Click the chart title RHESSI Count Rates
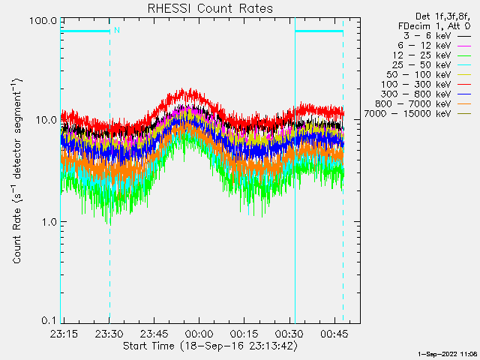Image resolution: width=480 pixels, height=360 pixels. [209, 9]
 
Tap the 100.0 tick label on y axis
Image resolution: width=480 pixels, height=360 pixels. [44, 20]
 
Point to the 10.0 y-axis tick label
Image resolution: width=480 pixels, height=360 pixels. [46, 120]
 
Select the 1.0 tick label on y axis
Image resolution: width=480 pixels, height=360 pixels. [49, 221]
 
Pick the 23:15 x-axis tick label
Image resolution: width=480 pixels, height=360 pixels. [64, 332]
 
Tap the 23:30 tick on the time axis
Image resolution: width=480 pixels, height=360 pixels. [109, 332]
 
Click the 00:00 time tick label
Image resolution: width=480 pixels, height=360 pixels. [199, 332]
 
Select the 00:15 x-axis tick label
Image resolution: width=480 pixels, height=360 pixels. [244, 332]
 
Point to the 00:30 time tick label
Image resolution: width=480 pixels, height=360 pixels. [289, 332]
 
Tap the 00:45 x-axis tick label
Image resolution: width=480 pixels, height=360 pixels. [334, 332]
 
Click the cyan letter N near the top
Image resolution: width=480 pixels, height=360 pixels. [116, 31]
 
